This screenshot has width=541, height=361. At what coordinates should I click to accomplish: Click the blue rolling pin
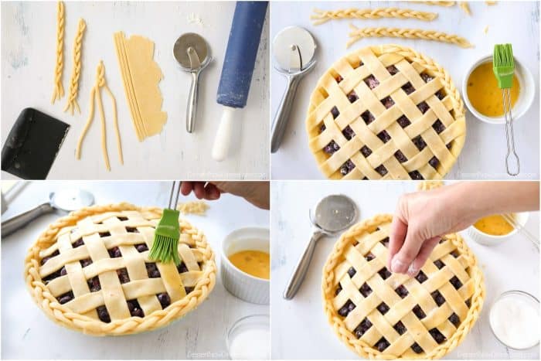[x=242, y=54]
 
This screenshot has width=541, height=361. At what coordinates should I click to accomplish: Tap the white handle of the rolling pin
[x=224, y=135]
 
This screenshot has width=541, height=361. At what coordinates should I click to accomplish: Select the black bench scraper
[x=34, y=144]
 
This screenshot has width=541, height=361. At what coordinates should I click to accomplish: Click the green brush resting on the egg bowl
[x=504, y=66]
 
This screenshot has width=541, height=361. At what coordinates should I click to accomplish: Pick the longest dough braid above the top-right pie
[x=410, y=36]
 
